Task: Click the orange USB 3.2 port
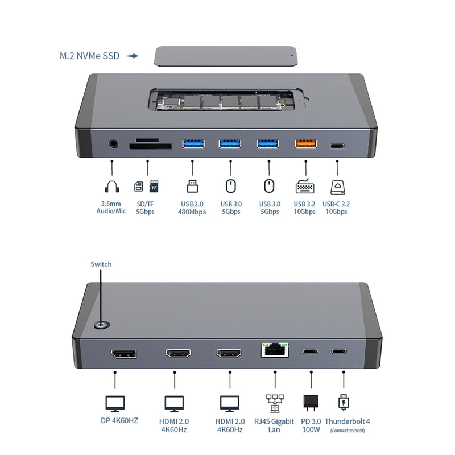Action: coord(306,144)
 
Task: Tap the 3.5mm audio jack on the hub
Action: coord(113,144)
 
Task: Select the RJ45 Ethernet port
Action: coord(275,350)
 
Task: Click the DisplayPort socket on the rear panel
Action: coord(123,354)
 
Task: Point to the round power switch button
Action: coord(102,325)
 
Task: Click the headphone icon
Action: coord(112,187)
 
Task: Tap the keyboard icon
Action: coord(305,186)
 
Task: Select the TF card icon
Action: coord(154,187)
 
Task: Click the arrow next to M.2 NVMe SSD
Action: coord(132,56)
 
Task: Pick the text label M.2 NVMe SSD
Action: coord(90,56)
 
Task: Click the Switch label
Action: coord(101,264)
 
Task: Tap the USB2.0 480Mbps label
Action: coord(192,208)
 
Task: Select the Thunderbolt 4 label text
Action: coord(347,421)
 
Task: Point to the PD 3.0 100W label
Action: coord(311,425)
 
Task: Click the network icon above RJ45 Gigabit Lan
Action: coord(275,403)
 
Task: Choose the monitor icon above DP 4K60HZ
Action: coord(115,404)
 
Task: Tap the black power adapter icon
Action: coord(311,403)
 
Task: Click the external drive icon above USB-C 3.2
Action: coord(338,187)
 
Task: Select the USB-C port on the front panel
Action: coord(337,146)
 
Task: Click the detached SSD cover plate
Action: coord(226,56)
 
